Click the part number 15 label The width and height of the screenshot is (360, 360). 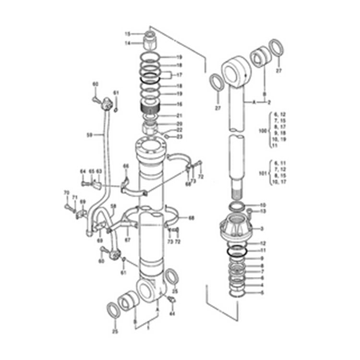(128, 34)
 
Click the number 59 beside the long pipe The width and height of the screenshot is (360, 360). (89, 135)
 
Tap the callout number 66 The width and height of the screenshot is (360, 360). (126, 166)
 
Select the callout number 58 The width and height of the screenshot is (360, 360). (113, 206)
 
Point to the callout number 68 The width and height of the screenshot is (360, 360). (192, 218)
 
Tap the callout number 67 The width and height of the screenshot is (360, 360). (127, 240)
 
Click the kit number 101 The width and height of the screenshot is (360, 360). (262, 173)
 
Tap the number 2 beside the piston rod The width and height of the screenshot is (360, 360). (269, 102)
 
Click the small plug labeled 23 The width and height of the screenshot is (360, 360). (166, 136)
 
